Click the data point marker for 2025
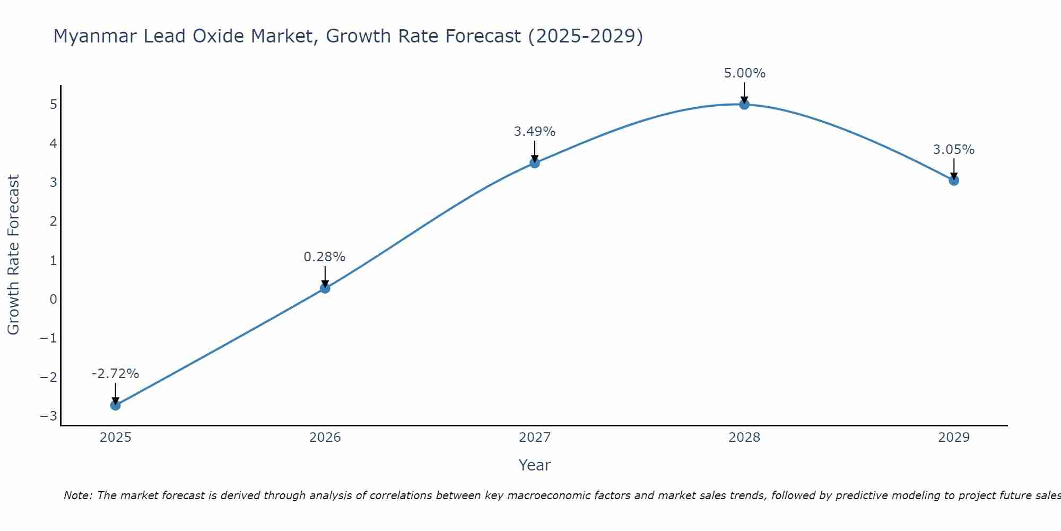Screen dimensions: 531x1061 coord(116,405)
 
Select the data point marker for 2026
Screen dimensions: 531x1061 coord(325,288)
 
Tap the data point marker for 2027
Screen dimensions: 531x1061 coord(535,163)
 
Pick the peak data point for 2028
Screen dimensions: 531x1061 coord(744,105)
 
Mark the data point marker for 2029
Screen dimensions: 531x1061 coord(954,181)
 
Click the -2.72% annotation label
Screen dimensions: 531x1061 coord(116,374)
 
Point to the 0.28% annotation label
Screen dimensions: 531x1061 coord(325,257)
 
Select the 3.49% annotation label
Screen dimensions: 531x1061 coord(535,132)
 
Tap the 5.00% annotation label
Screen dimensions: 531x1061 coord(745,73)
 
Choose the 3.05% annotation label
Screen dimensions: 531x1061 coord(954,150)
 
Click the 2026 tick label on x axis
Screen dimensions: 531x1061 coord(325,438)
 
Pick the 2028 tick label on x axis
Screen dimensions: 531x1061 coord(744,438)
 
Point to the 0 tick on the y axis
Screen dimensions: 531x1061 coord(53,299)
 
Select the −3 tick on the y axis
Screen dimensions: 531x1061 coord(49,416)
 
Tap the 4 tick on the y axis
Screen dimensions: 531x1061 coord(53,143)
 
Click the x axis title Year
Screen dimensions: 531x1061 coord(535,465)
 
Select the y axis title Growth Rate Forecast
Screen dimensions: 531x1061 coord(13,255)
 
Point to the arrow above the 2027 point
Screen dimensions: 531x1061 coord(535,151)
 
